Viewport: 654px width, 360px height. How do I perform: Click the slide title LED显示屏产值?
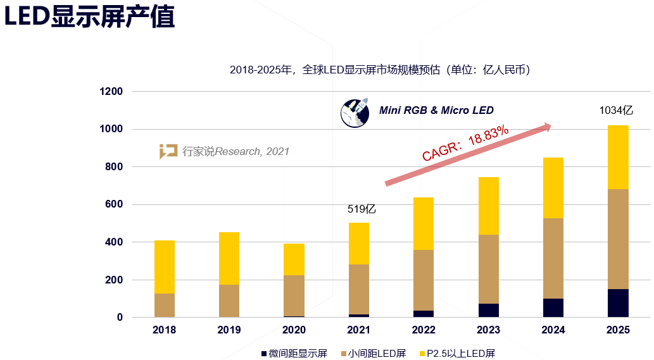pyautogui.click(x=89, y=18)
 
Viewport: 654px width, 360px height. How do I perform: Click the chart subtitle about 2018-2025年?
pyautogui.click(x=379, y=70)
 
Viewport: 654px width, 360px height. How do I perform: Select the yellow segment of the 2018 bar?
pyautogui.click(x=165, y=267)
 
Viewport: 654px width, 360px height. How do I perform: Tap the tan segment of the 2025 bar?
pyautogui.click(x=618, y=239)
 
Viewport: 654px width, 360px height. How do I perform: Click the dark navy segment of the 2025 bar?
pyautogui.click(x=618, y=303)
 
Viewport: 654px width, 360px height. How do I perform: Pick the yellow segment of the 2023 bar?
pyautogui.click(x=488, y=206)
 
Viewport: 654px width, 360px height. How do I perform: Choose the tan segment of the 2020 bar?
pyautogui.click(x=294, y=295)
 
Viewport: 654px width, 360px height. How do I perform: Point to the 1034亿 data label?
pyautogui.click(x=616, y=110)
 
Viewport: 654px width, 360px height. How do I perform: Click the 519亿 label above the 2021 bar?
pyautogui.click(x=362, y=209)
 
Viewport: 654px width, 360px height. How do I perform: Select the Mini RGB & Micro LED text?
pyautogui.click(x=436, y=111)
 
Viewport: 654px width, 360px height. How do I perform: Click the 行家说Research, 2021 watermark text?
pyautogui.click(x=236, y=151)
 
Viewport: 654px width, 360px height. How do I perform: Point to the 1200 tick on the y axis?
pyautogui.click(x=111, y=92)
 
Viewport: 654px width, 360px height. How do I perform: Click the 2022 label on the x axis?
pyautogui.click(x=424, y=330)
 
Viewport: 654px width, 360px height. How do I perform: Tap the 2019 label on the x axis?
pyautogui.click(x=229, y=330)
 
